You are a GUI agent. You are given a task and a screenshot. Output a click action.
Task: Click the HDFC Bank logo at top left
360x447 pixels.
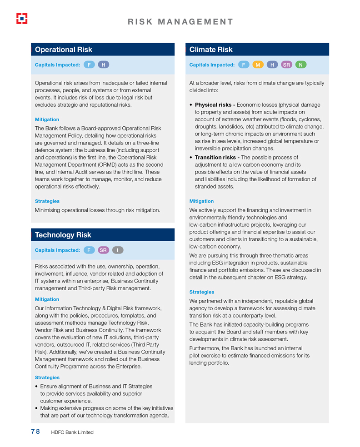(22, 18)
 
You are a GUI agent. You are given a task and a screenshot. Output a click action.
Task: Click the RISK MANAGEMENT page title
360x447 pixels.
(180, 22)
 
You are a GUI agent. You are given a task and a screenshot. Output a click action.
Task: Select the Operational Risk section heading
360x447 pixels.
(64, 50)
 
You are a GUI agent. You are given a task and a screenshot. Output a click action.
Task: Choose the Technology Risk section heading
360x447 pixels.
(63, 235)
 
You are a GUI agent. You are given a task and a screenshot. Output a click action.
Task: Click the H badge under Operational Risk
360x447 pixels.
(103, 65)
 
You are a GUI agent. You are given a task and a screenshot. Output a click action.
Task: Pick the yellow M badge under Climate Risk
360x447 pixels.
(258, 65)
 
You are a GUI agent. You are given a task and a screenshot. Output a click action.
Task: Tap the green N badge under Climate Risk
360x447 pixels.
(301, 65)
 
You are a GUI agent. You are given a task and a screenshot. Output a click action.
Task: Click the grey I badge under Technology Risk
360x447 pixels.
(118, 250)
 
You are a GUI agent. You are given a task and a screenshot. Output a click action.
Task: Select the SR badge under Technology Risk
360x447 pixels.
(104, 250)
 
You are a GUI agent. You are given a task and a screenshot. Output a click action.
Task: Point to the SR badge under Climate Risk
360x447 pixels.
(287, 65)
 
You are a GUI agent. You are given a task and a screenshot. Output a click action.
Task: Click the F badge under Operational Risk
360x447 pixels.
(89, 65)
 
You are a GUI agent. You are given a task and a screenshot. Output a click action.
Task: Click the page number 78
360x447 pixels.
(35, 432)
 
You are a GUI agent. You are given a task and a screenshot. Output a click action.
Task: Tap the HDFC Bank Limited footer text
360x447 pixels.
(72, 432)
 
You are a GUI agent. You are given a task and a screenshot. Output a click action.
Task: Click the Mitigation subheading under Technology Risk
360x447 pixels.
(47, 299)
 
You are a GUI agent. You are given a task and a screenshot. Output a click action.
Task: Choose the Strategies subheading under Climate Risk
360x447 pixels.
(201, 292)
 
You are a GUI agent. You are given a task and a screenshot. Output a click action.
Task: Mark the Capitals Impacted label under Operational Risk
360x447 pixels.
(57, 65)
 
